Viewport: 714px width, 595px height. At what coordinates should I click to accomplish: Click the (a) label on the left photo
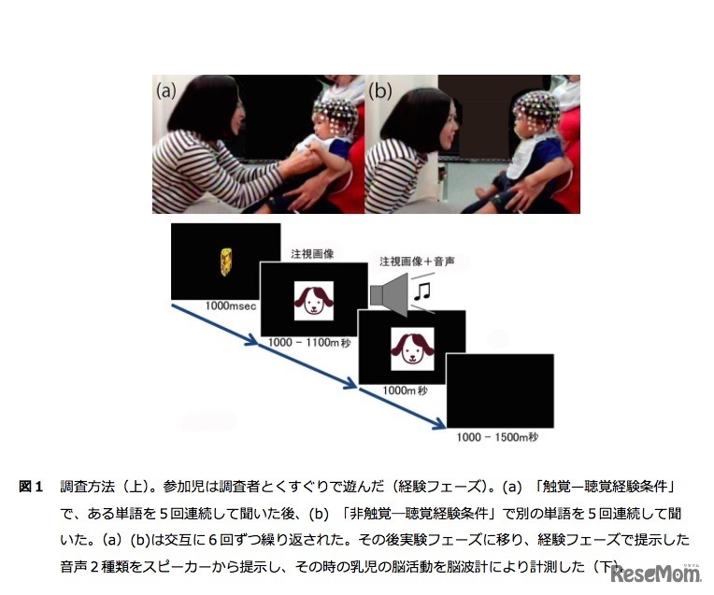(165, 91)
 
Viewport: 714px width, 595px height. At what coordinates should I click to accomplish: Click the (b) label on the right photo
(379, 91)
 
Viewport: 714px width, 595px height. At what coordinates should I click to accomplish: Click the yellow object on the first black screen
(226, 262)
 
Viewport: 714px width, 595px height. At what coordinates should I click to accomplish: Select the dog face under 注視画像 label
(314, 301)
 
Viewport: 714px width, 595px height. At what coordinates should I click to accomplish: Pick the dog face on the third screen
(412, 348)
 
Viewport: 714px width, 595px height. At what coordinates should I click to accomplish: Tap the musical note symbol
(422, 291)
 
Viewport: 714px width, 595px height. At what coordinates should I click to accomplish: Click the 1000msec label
(231, 306)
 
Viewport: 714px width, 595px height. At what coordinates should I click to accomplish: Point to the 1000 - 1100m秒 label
(309, 343)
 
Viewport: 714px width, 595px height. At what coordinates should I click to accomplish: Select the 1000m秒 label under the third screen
(405, 390)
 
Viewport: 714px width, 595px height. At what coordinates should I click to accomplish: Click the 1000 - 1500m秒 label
(497, 437)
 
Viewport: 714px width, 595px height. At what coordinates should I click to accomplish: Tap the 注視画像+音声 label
(417, 262)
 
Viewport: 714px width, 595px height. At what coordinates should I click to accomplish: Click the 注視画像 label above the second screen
(312, 253)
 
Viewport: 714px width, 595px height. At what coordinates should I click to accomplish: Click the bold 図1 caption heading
(31, 487)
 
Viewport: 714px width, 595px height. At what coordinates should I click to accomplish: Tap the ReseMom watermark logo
(656, 574)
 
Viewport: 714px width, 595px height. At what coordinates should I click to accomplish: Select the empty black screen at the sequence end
(500, 390)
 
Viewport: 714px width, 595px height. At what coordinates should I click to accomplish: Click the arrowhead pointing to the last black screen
(439, 424)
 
